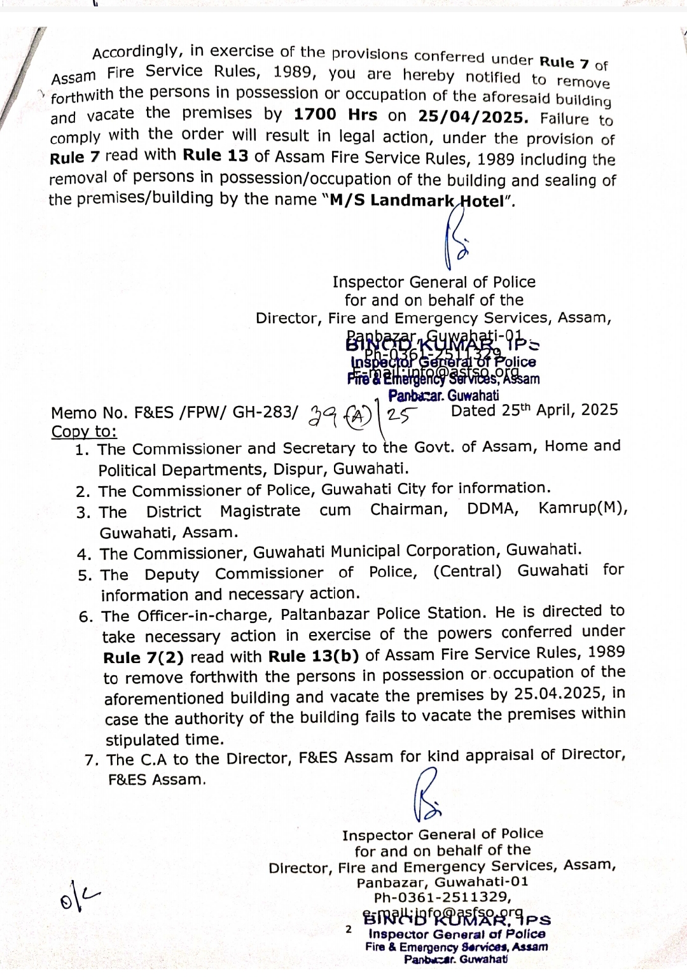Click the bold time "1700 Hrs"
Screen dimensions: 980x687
tap(335, 115)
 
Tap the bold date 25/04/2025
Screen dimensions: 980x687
tap(473, 116)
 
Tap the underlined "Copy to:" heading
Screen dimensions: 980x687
tap(84, 431)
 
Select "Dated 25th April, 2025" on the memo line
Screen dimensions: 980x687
tap(534, 410)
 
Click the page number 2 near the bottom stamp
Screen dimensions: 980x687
tap(348, 929)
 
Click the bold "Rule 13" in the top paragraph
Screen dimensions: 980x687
tap(215, 155)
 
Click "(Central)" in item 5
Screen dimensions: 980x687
tap(467, 571)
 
